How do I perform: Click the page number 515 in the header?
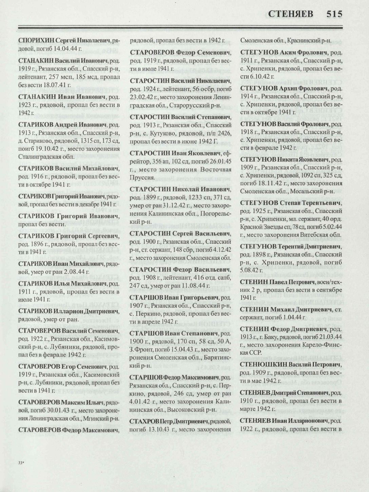click(x=334, y=14)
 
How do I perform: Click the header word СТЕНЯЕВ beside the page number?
click(x=294, y=14)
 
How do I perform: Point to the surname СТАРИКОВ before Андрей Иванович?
click(x=36, y=125)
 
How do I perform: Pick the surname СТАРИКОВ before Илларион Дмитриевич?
click(x=36, y=311)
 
